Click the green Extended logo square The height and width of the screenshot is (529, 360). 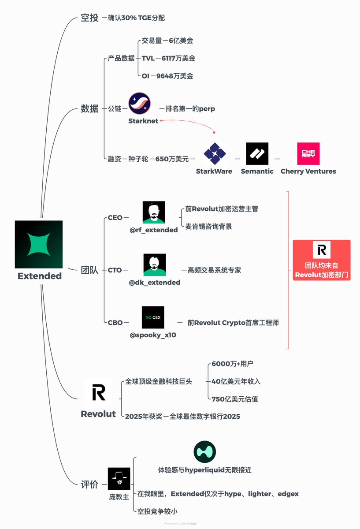click(x=39, y=244)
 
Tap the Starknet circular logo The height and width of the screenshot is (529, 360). click(x=139, y=104)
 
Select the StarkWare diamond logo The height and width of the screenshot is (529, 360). click(x=215, y=154)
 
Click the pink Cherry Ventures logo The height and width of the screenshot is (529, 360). click(x=308, y=154)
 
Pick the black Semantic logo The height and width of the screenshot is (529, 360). click(x=257, y=154)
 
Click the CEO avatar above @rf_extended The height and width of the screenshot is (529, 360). click(x=154, y=212)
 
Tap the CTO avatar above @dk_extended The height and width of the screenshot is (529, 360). click(x=155, y=265)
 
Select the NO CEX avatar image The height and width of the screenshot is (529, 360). click(x=153, y=317)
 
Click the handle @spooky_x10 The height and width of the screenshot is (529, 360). click(x=152, y=335)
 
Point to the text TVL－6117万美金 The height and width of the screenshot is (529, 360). click(x=168, y=58)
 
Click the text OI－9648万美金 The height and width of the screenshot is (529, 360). click(x=167, y=76)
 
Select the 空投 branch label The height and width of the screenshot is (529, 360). click(x=89, y=18)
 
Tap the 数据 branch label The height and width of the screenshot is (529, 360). click(x=89, y=108)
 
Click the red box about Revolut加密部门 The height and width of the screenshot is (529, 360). click(x=322, y=260)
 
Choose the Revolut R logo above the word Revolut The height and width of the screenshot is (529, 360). click(x=99, y=392)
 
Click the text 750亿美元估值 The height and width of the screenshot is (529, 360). click(x=235, y=399)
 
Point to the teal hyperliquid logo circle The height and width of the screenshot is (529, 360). click(x=205, y=452)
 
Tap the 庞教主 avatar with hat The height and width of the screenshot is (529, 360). click(x=119, y=479)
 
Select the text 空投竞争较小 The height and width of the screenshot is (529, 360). click(x=157, y=511)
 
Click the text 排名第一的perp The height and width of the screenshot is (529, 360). click(x=190, y=108)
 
